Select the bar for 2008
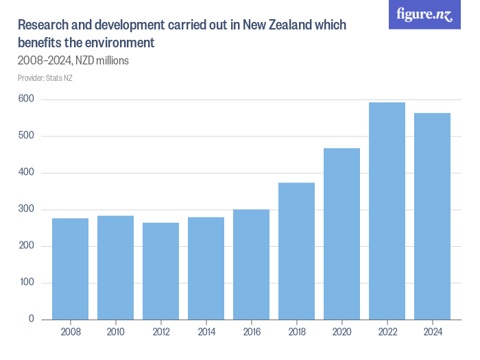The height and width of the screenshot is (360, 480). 70,269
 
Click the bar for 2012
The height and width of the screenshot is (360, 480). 160,271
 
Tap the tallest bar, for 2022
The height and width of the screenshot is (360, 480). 387,211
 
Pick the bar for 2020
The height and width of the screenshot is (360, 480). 341,234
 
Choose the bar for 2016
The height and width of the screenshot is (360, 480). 251,264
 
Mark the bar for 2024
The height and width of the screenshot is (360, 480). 432,216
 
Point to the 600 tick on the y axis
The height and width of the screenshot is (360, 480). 26,99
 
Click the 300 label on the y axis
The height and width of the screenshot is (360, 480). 26,209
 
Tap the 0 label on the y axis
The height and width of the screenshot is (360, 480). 32,320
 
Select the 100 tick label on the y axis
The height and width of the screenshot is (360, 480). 26,283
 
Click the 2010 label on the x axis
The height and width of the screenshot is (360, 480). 115,332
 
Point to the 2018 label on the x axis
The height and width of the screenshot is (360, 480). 296,332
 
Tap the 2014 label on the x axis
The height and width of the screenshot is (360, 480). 206,332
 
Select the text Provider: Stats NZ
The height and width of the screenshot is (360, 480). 45,77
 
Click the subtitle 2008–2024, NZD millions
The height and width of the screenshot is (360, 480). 73,61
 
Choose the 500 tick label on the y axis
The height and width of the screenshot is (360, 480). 26,136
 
